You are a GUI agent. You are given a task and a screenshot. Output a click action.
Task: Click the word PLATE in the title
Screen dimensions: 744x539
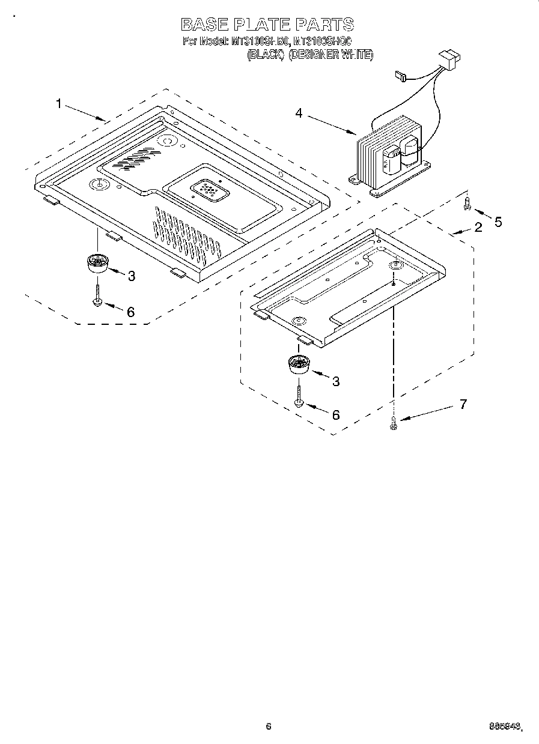coord(260,24)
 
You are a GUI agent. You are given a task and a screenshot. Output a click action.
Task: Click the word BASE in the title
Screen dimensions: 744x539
coord(203,24)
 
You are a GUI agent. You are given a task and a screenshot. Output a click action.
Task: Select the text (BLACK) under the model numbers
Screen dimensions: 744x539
coord(266,55)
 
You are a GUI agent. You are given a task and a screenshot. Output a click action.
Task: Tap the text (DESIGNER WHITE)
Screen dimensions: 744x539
coord(330,55)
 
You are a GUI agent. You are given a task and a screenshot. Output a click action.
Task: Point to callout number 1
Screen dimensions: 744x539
coord(58,104)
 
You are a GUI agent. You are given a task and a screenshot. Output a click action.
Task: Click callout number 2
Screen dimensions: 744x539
coord(478,227)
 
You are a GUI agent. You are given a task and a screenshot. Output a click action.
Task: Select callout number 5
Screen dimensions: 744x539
coord(498,222)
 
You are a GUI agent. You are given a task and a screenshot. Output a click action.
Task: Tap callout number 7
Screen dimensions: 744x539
coord(463,404)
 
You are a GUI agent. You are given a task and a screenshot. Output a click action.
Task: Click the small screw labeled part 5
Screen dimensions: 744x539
coord(466,205)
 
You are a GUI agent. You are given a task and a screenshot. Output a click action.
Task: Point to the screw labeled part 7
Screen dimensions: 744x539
coord(393,423)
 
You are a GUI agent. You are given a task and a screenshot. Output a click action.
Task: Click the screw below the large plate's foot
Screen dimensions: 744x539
coord(97,294)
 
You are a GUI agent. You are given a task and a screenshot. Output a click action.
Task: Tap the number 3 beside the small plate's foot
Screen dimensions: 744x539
coord(336,381)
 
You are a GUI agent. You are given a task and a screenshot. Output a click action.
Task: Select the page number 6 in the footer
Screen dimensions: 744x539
coord(269,726)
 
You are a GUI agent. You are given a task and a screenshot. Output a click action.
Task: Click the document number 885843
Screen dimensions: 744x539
coord(504,727)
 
